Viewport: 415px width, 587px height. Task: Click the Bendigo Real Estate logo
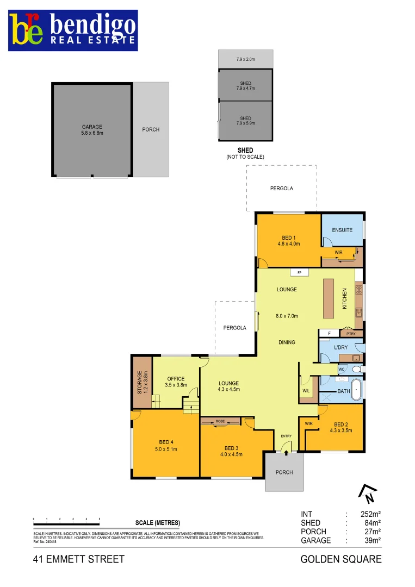point(73,30)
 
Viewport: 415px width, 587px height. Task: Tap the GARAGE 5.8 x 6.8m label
point(92,130)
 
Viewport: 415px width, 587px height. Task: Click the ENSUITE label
point(342,230)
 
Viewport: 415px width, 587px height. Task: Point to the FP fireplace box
point(299,272)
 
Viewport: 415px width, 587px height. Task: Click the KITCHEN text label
point(344,299)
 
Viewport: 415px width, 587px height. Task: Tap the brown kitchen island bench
point(329,298)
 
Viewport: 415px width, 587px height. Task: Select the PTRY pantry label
point(350,333)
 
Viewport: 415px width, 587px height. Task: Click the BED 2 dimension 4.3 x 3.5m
point(341,430)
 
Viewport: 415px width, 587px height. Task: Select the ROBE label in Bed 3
point(220,421)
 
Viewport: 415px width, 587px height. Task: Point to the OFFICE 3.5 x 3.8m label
point(176,382)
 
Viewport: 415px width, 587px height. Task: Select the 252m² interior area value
point(369,514)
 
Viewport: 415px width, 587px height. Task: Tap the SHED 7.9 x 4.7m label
point(245,86)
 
